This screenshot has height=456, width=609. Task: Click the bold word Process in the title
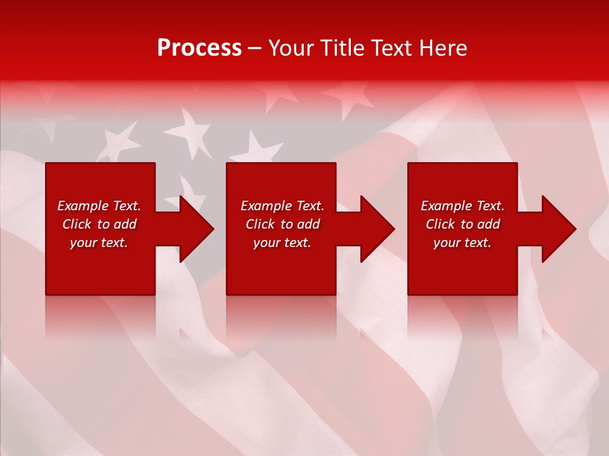199,48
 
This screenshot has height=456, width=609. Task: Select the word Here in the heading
442,48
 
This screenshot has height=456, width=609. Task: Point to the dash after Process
255,49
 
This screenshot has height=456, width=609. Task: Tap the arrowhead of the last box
556,229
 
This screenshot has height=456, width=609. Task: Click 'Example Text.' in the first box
99,206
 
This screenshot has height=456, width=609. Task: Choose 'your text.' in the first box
99,243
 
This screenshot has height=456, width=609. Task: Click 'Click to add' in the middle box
282,224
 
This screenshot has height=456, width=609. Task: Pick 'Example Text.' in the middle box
282,206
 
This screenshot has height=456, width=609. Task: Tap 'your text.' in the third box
462,243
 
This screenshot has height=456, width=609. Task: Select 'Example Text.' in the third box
462,206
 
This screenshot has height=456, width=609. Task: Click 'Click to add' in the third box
462,224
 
